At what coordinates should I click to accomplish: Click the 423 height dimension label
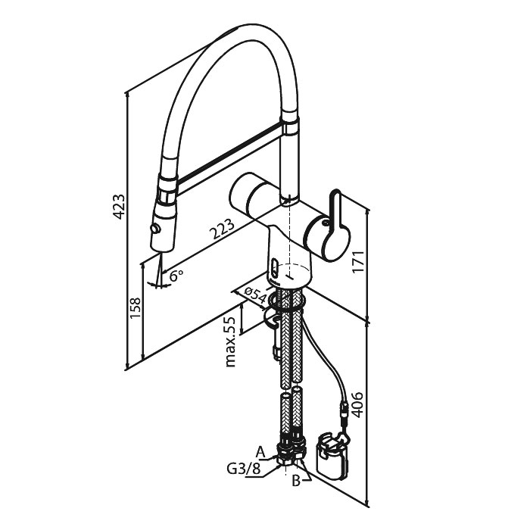tap(119, 207)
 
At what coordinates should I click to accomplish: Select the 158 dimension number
tap(136, 307)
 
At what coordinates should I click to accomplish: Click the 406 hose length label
tap(357, 404)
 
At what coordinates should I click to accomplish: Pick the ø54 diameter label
tap(256, 295)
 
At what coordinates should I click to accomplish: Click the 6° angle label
tap(176, 276)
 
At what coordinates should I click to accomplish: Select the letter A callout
tap(260, 451)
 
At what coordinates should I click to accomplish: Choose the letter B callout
tap(296, 481)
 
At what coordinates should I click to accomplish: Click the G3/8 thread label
tap(244, 469)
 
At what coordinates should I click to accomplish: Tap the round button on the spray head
tap(156, 229)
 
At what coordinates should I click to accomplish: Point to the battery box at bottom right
tap(332, 455)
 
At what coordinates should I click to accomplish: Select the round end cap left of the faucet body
tap(238, 195)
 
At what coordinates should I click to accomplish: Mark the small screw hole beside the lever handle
tap(325, 223)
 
